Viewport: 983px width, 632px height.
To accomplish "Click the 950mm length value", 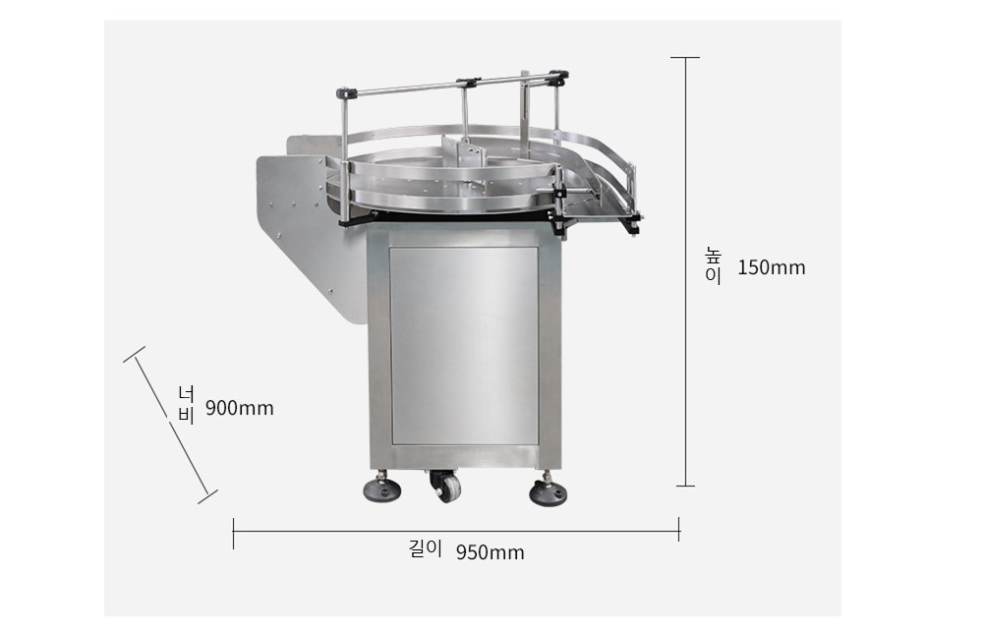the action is pos(490,552).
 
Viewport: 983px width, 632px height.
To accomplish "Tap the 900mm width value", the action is pos(240,408).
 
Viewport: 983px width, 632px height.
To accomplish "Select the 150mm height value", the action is pos(771,267).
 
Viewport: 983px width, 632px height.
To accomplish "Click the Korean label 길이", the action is pos(425,549).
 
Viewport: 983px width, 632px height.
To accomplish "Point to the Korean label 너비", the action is pos(187,405).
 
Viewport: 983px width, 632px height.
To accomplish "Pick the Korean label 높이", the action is pos(714,265).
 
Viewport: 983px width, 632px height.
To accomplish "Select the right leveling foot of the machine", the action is pos(548,490).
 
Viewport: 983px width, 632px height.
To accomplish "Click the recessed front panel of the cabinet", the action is pos(464,345).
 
